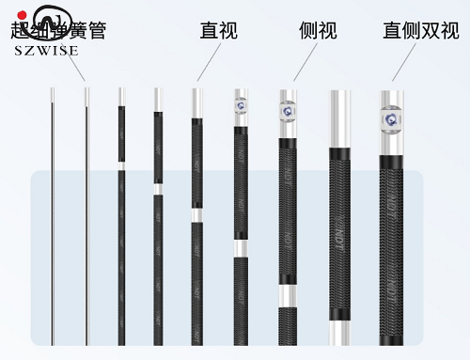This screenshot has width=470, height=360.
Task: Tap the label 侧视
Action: [x=320, y=31]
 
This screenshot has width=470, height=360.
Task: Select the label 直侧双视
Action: [x=420, y=31]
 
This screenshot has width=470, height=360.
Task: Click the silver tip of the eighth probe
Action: [x=340, y=112]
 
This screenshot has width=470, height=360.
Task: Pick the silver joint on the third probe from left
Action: [x=120, y=165]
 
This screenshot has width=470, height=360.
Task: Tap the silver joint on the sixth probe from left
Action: [x=243, y=248]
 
